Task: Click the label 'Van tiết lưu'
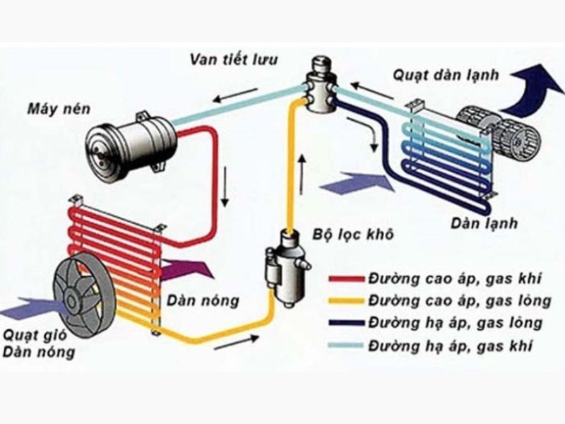pyautogui.click(x=234, y=57)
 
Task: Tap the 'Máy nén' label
pyautogui.click(x=56, y=109)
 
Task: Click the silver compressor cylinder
pyautogui.click(x=130, y=141)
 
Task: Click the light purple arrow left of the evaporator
pyautogui.click(x=357, y=186)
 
